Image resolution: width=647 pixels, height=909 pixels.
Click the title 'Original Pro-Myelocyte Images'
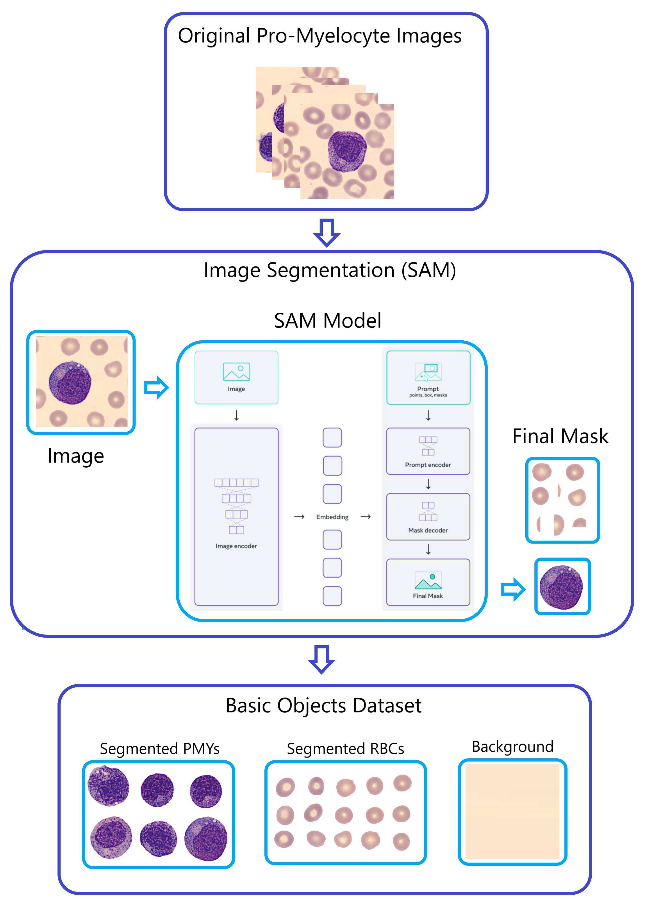[320, 36]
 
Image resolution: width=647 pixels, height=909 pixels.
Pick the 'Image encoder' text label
[236, 546]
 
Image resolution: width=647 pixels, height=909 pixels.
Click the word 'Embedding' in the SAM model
[332, 517]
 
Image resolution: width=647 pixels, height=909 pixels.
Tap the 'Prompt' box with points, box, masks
[428, 378]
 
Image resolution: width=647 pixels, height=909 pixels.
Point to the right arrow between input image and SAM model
[156, 387]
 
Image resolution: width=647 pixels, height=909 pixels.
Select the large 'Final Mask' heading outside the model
[560, 436]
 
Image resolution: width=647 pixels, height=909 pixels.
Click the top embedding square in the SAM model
[332, 438]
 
